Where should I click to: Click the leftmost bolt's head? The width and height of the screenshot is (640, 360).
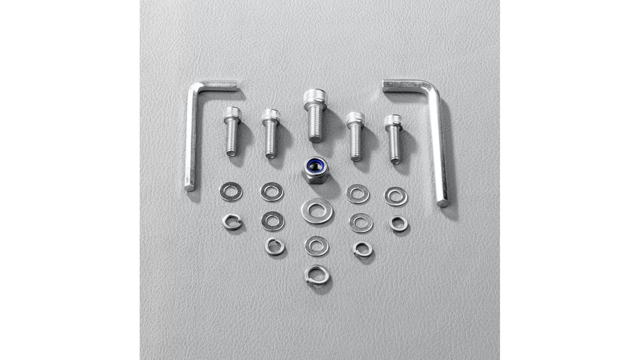(232, 113)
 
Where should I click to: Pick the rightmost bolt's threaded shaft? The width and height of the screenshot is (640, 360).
(395, 143)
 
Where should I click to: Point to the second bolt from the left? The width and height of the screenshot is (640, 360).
(270, 133)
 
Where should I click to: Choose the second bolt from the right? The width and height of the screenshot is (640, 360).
(355, 137)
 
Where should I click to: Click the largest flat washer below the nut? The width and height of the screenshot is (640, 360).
(317, 211)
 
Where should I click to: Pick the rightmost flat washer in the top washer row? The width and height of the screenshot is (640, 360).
(396, 196)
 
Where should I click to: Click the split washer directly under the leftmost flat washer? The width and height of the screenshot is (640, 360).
(232, 222)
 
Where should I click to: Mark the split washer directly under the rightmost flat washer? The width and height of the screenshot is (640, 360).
(398, 224)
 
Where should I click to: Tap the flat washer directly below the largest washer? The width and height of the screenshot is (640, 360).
(317, 246)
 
